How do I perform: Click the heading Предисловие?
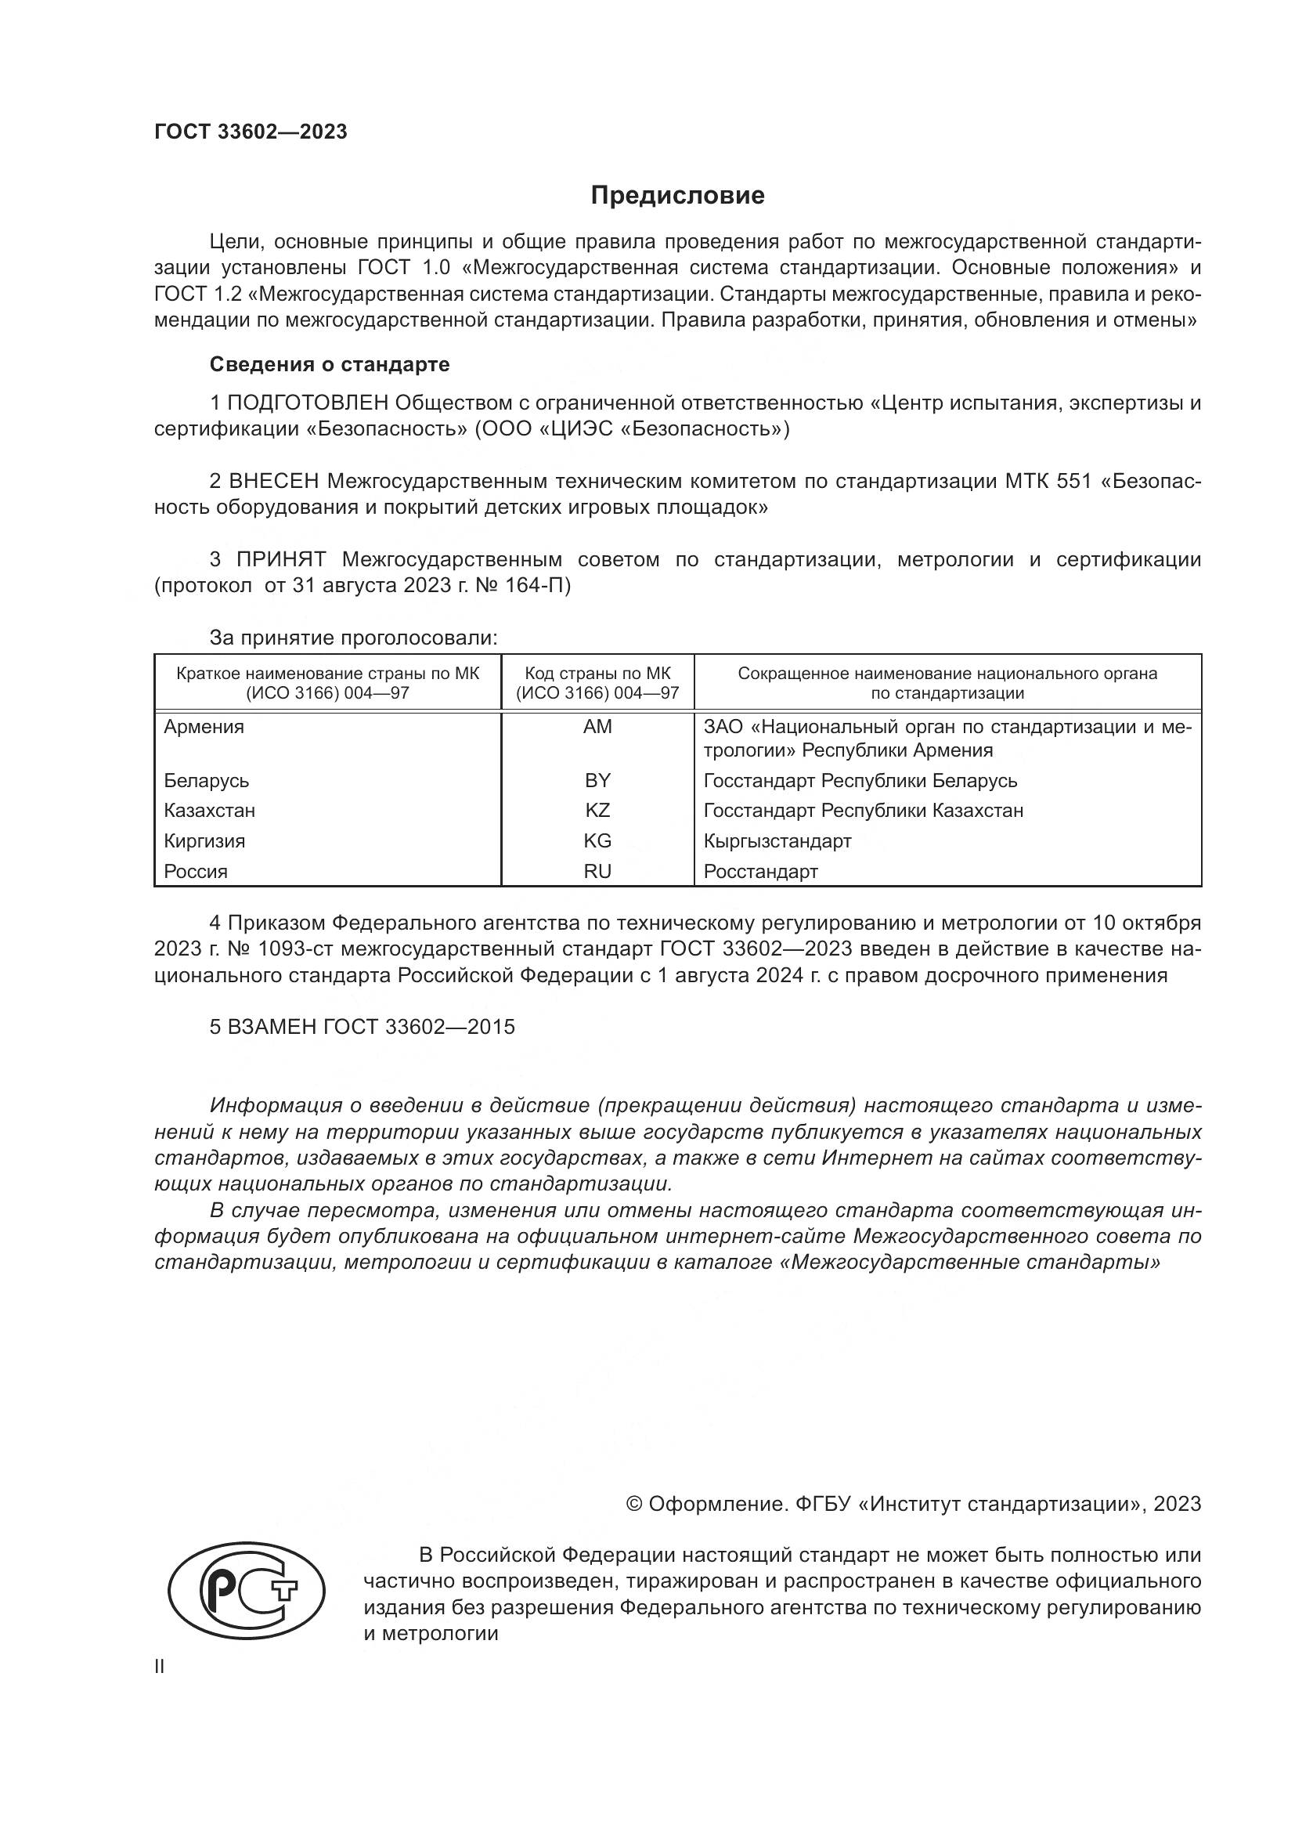click(677, 196)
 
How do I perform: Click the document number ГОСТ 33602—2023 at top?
click(251, 132)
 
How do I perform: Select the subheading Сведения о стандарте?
click(330, 365)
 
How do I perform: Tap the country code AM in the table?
click(597, 726)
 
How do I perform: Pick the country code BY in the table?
click(597, 780)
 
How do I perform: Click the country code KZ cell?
click(597, 811)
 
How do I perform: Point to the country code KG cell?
click(597, 841)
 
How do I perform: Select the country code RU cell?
click(597, 871)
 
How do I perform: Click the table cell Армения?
click(204, 727)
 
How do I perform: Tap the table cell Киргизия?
click(204, 841)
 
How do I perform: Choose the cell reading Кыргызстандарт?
click(777, 841)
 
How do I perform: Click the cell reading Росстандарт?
click(761, 871)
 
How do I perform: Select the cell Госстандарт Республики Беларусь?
click(860, 780)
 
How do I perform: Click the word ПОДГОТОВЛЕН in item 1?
click(308, 403)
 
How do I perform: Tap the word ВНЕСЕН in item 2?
click(274, 481)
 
